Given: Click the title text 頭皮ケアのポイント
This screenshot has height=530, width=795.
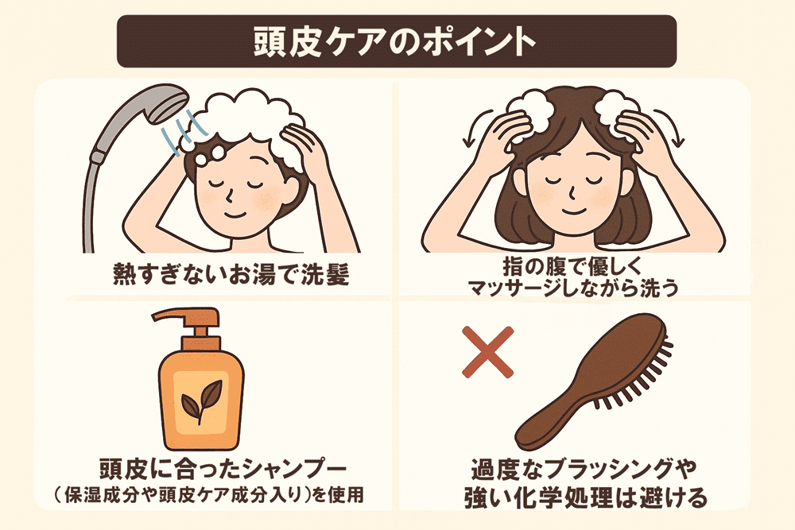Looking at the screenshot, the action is pos(394,41).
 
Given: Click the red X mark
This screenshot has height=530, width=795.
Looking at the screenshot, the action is pos(488,352).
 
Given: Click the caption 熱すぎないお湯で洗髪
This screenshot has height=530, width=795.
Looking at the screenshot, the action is pos(231,274).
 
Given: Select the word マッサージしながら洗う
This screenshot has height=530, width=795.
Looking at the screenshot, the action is pos(573,288).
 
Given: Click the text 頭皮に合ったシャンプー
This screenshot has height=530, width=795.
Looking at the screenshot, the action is pos(223,469).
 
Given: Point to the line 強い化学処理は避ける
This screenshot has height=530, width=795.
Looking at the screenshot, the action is pos(586,497).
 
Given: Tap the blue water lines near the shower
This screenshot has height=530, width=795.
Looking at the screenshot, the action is pos(184,132).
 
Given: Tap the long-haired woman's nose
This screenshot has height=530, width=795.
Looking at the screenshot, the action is pos(572,192).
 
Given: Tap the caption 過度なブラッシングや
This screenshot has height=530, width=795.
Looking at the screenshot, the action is pos(584,470).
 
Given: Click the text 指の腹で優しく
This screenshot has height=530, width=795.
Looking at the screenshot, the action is pos(572,265).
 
